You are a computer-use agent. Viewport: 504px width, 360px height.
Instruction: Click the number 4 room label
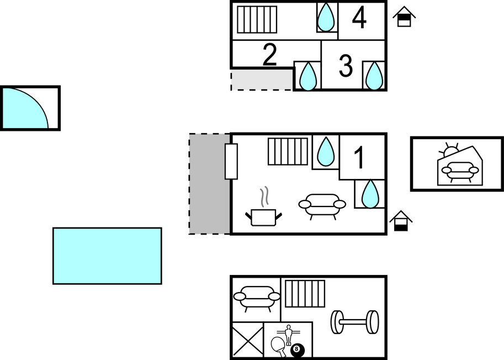click(359, 18)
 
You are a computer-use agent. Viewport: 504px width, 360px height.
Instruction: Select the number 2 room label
click(270, 55)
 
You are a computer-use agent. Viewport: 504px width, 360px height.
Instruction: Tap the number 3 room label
click(346, 66)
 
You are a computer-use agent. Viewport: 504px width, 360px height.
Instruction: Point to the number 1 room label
click(359, 157)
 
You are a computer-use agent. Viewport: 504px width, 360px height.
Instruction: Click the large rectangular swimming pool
click(107, 256)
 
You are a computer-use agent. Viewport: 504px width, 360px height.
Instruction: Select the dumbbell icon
click(355, 322)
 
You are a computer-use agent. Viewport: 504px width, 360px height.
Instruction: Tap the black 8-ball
click(297, 350)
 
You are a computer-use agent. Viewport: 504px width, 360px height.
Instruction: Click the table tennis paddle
click(278, 346)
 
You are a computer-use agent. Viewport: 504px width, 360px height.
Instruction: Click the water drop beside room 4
click(326, 17)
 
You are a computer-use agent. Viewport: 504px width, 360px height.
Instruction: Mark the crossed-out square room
click(248, 340)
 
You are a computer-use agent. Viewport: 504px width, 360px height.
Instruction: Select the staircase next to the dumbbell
click(305, 293)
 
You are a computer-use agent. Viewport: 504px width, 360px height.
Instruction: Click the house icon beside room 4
click(404, 17)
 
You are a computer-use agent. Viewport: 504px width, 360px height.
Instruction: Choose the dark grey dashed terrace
click(210, 184)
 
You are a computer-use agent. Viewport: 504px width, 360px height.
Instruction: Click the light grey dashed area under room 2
click(262, 80)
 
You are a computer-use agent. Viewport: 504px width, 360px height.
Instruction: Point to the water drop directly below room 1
click(370, 194)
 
